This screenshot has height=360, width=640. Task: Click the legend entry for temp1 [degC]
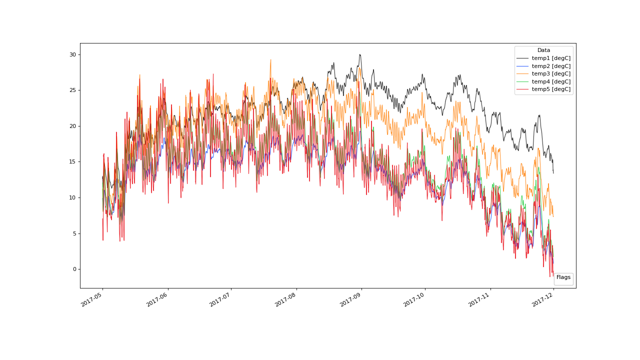(551, 58)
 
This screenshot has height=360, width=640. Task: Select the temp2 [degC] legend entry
(551, 66)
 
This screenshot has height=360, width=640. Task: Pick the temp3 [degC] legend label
(551, 74)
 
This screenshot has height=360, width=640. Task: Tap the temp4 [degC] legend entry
(551, 81)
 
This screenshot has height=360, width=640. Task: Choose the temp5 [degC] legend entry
(551, 89)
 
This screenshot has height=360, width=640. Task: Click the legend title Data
(543, 50)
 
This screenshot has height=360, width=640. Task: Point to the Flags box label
(563, 277)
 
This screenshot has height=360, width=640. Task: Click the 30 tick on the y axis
(72, 54)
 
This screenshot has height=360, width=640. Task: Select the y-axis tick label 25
(72, 90)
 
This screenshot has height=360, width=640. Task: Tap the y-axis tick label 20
(72, 126)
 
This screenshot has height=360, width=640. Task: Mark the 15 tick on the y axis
(72, 162)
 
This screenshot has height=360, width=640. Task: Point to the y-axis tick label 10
(72, 197)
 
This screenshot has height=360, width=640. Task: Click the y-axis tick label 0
(73, 269)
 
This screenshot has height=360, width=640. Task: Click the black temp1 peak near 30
(359, 54)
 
